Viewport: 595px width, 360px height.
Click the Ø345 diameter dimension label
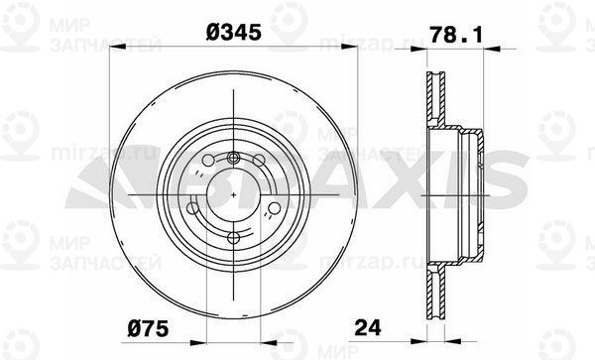[x=234, y=32]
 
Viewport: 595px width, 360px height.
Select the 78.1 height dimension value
[x=456, y=36]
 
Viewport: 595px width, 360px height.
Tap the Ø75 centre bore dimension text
[x=148, y=327]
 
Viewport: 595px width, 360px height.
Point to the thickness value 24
[x=367, y=327]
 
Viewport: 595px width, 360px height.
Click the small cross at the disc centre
[x=233, y=194]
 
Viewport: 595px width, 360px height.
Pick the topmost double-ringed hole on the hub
[x=233, y=157]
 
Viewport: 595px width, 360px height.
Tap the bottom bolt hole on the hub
[x=233, y=238]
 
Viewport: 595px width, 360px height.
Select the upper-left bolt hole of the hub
[x=208, y=161]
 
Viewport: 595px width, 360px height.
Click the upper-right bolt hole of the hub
[x=259, y=161]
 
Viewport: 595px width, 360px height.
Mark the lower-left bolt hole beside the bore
[x=193, y=208]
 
